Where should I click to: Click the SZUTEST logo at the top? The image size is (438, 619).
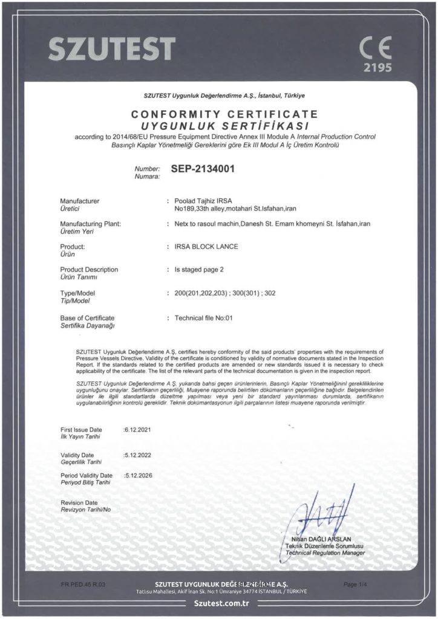tap(112, 48)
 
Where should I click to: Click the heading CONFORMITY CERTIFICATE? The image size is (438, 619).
tap(225, 114)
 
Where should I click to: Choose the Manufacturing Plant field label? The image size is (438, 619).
tap(91, 224)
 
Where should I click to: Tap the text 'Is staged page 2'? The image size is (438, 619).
tap(199, 270)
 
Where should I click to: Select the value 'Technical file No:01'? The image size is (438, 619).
tap(203, 317)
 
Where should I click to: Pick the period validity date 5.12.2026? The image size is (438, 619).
tap(138, 475)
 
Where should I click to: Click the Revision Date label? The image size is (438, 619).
tap(79, 502)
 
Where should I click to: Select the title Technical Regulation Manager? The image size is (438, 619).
tap(325, 553)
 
